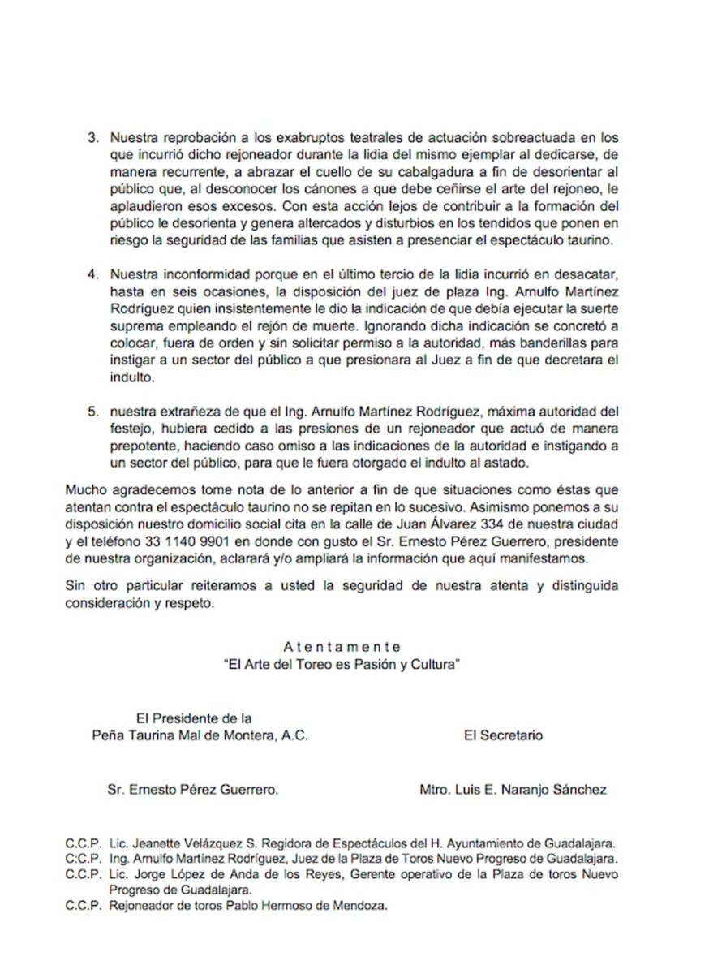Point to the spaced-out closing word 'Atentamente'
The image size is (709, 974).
[342, 646]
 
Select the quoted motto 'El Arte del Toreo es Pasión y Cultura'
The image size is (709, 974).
[342, 663]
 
